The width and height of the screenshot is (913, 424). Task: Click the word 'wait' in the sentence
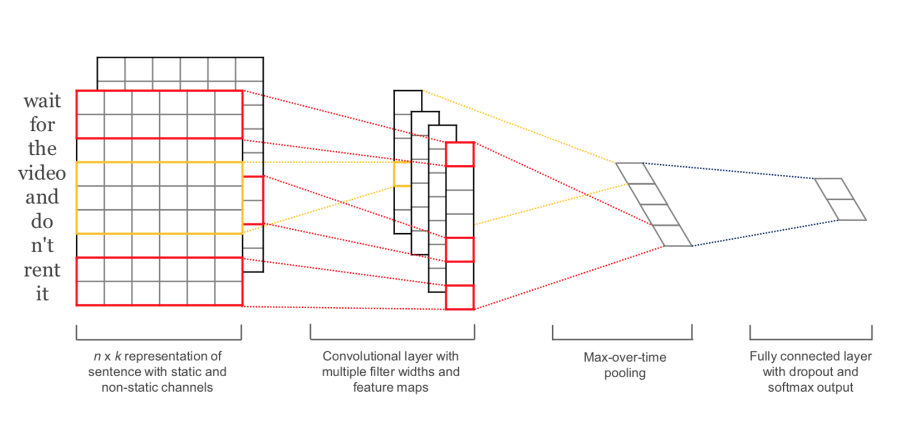click(x=42, y=101)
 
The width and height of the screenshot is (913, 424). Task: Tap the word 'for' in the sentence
click(x=42, y=124)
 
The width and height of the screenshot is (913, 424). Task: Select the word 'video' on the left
click(x=42, y=173)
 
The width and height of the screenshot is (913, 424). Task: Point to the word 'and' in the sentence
click(x=42, y=197)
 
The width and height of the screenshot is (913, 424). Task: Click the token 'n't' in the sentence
click(x=42, y=245)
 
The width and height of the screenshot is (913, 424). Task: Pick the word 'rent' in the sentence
click(x=42, y=270)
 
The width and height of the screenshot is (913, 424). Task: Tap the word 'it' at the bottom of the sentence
click(x=42, y=294)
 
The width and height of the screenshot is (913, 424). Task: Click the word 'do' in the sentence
click(x=42, y=221)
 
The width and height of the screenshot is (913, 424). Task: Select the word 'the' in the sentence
click(x=42, y=149)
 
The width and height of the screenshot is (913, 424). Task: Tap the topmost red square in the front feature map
click(x=460, y=154)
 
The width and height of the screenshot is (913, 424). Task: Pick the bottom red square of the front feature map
click(x=460, y=297)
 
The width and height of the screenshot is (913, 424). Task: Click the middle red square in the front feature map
click(x=460, y=249)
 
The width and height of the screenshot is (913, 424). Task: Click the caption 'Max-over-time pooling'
click(x=625, y=365)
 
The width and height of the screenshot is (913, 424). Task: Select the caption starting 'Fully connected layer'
click(x=811, y=372)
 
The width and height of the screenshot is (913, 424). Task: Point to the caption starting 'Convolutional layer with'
click(x=390, y=372)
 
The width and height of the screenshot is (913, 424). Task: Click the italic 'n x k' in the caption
click(x=107, y=356)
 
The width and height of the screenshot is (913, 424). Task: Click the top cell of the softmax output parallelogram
click(x=834, y=189)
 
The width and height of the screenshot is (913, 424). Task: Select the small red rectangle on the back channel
click(x=253, y=200)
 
